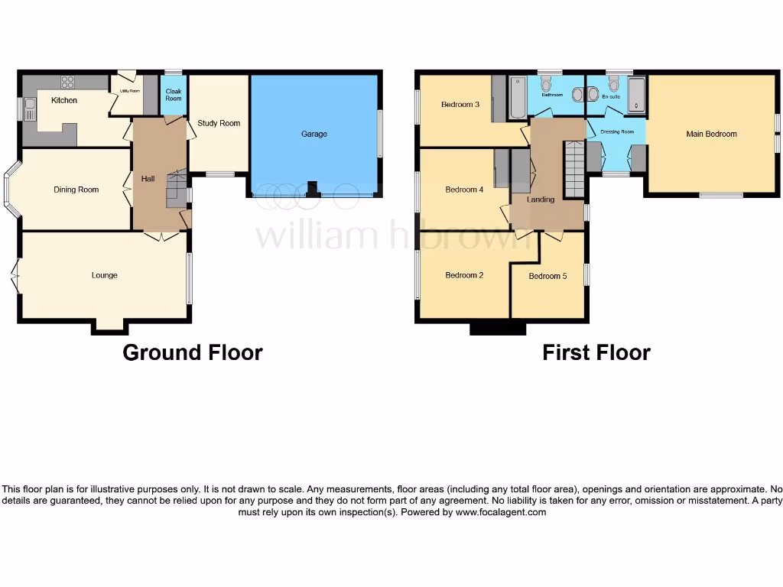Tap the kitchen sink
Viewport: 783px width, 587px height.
(30, 109)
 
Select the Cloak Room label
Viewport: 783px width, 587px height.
(174, 95)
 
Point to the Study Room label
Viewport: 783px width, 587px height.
(219, 123)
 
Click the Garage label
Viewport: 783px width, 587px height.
(314, 134)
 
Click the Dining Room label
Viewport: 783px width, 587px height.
(76, 190)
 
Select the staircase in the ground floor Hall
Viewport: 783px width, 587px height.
(176, 187)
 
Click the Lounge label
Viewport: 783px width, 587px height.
(105, 275)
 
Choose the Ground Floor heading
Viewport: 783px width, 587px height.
(193, 352)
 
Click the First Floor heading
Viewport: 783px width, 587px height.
(596, 352)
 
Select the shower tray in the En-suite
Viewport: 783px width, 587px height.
(636, 95)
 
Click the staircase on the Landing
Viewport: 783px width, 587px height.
(573, 168)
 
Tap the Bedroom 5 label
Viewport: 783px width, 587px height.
(547, 276)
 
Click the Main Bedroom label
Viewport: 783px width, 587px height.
(711, 134)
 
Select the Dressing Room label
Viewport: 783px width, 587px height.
(617, 131)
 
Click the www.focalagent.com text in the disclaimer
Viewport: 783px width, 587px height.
(501, 513)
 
